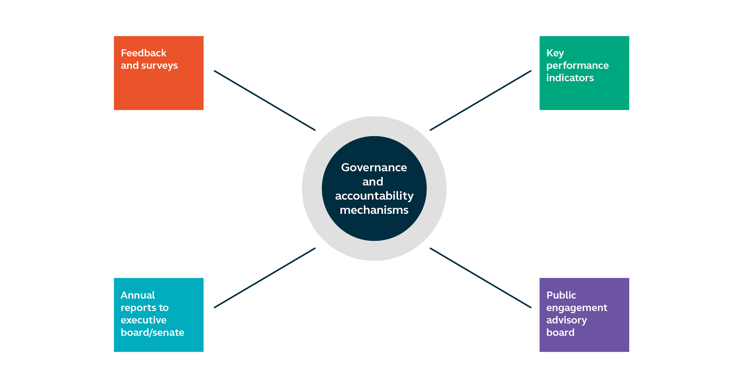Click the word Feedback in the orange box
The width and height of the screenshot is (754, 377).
143,53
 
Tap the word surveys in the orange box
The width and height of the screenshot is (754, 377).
159,66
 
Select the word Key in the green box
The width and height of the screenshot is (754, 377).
555,54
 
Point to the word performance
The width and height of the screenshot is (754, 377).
577,66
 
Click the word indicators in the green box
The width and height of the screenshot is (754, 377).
570,78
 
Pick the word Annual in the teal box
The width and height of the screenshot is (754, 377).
138,295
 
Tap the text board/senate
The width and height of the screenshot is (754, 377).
152,333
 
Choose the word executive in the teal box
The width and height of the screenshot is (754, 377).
143,320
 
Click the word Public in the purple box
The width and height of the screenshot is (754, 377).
561,295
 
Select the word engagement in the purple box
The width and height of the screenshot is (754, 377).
576,308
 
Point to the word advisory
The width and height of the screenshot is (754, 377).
566,321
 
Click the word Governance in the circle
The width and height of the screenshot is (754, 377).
374,168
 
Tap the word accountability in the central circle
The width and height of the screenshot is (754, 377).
374,196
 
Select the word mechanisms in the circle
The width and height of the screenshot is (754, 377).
374,210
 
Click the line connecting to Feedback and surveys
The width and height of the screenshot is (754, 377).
265,100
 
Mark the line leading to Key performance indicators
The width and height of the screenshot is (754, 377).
481,100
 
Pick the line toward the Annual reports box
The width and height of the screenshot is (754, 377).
265,278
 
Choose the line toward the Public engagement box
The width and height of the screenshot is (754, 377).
481,278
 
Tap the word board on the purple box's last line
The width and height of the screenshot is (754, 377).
560,333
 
